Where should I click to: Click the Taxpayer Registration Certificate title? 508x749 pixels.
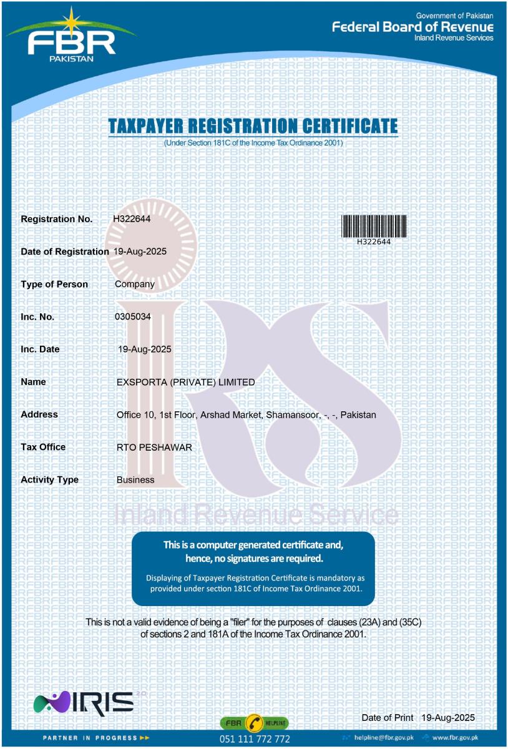click(253, 126)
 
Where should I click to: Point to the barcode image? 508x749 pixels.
click(374, 225)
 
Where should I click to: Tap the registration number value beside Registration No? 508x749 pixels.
click(132, 219)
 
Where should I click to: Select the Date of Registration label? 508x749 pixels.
click(65, 252)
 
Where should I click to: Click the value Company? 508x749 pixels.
click(135, 284)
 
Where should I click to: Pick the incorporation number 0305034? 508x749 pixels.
click(133, 316)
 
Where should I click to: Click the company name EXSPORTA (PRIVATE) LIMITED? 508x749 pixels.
click(185, 382)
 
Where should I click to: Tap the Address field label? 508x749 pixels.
click(39, 414)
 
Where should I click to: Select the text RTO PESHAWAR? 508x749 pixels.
click(154, 447)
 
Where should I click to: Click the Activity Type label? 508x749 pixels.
click(50, 479)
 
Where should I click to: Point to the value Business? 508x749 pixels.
click(135, 480)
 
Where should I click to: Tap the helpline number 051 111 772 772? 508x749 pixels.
click(255, 739)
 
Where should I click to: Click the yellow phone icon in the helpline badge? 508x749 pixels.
click(255, 723)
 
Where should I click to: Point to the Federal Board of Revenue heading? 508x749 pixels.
click(413, 27)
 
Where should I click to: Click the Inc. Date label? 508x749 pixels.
click(41, 349)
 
